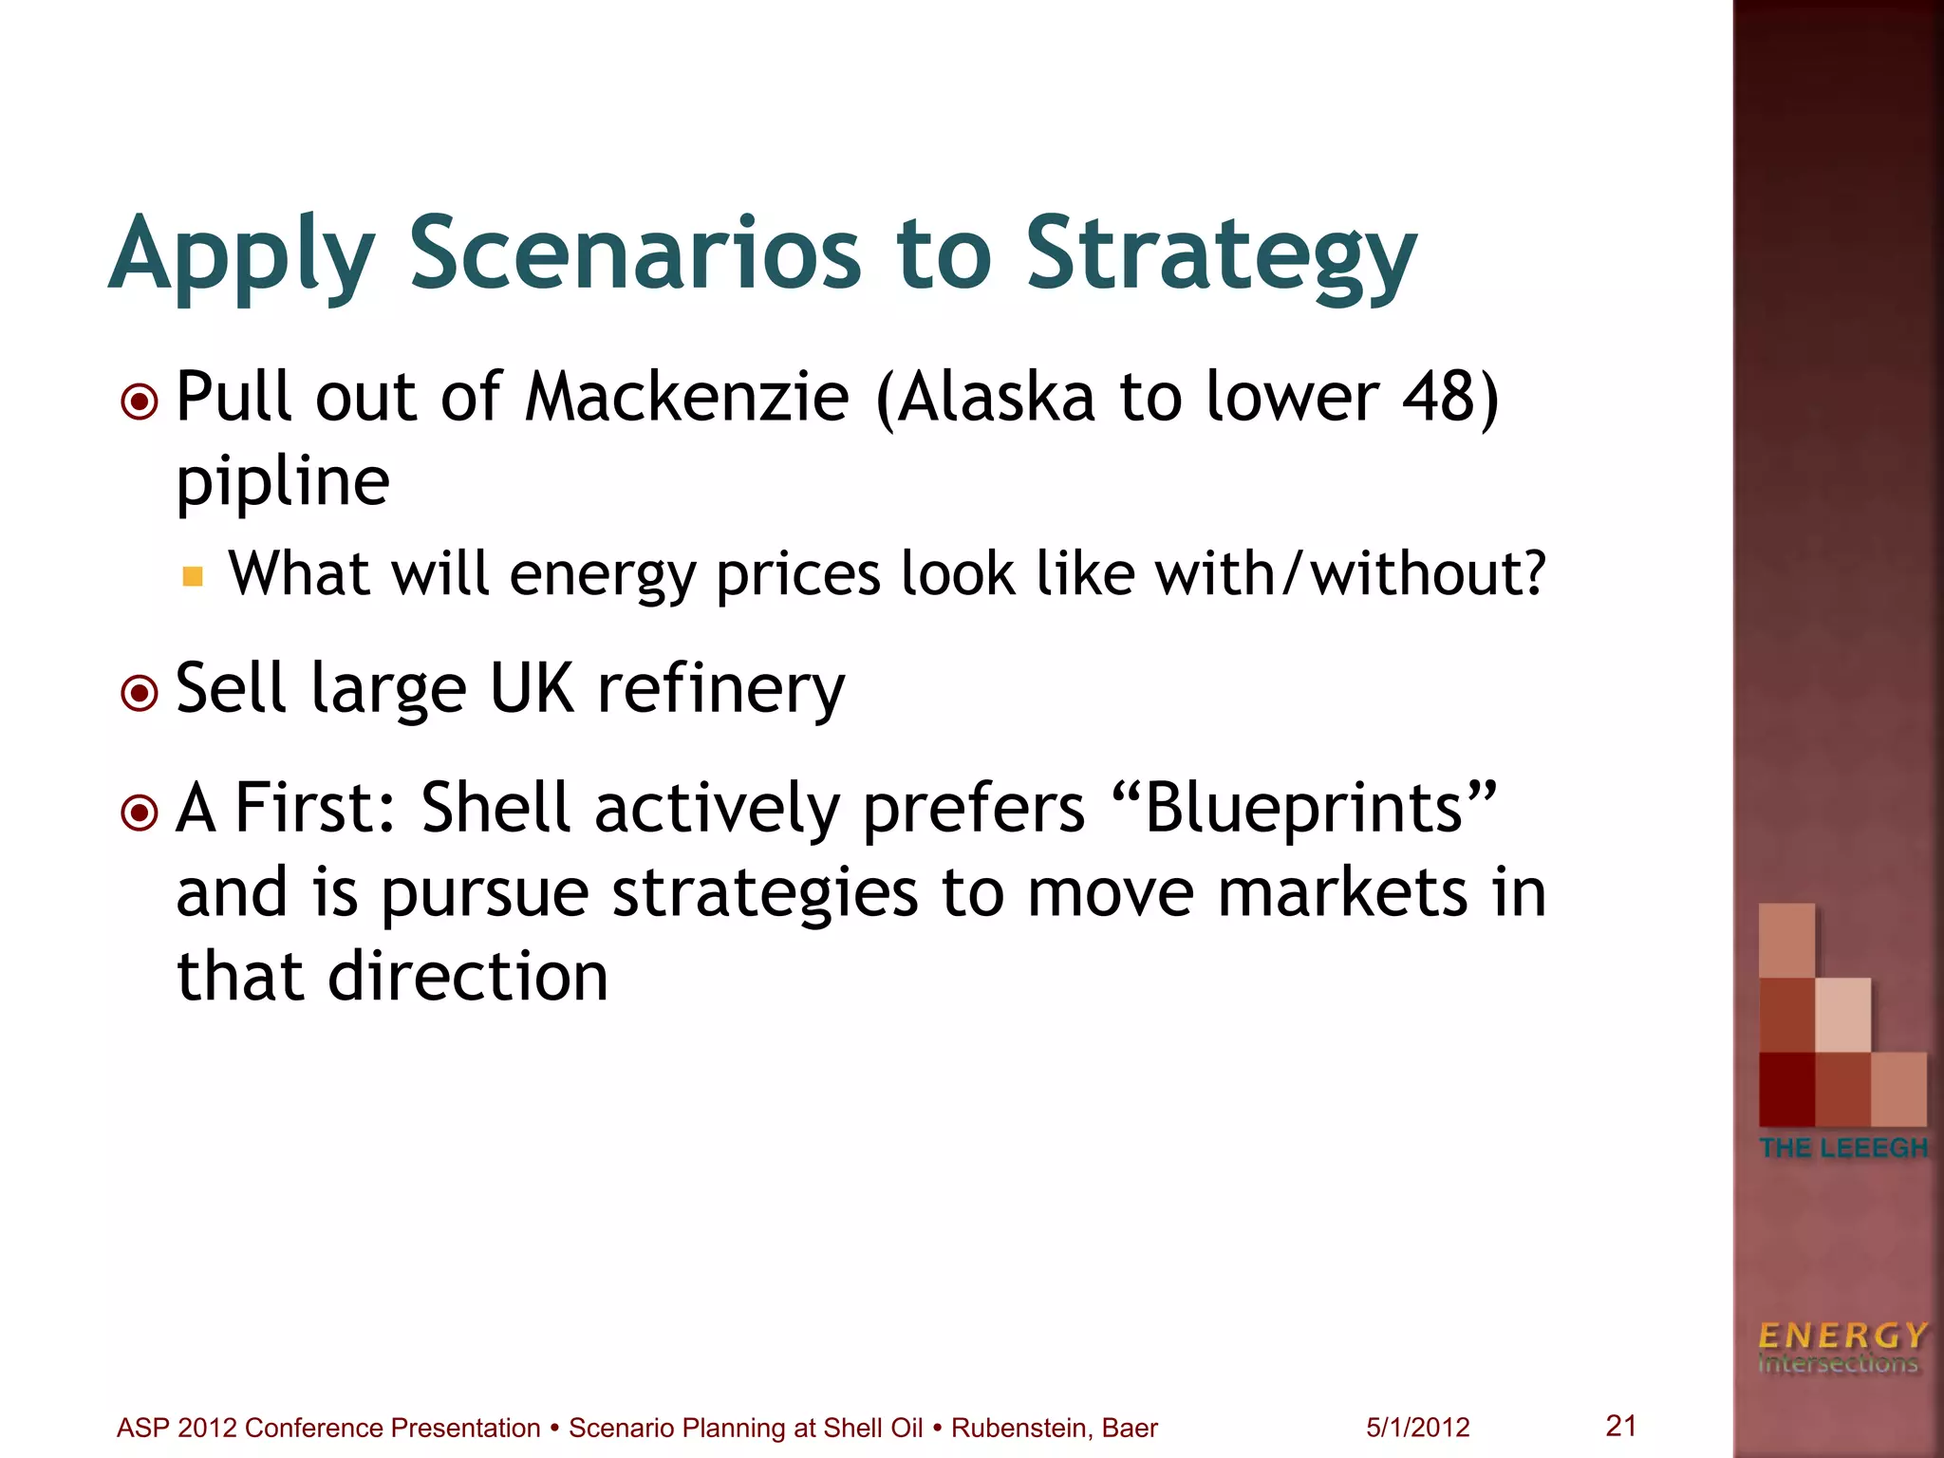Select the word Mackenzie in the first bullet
687,397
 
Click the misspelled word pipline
283,482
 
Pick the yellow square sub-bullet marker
193,576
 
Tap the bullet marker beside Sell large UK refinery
140,693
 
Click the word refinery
720,690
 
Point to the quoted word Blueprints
1307,808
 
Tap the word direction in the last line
468,977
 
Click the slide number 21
1620,1425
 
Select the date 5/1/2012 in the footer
1417,1428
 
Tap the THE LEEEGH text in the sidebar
1843,1148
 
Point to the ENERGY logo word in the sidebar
1842,1336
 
